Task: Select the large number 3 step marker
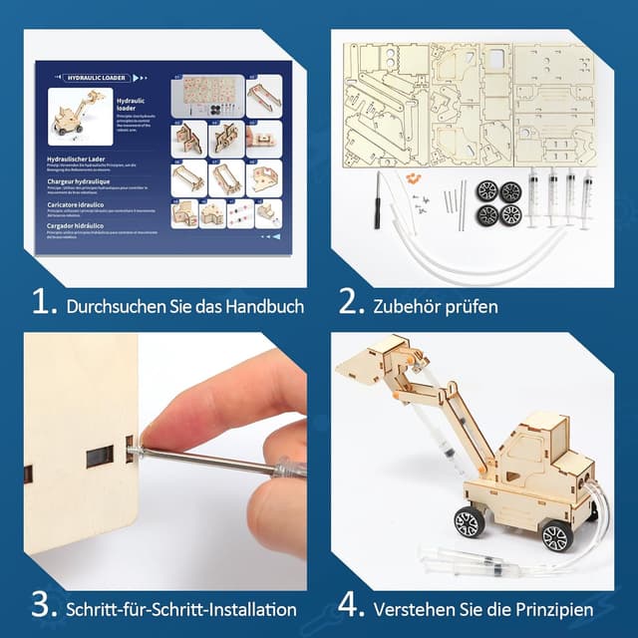pyautogui.click(x=44, y=605)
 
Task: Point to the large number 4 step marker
pyautogui.click(x=350, y=605)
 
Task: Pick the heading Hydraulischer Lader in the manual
pyautogui.click(x=81, y=158)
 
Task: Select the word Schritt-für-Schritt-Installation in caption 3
pyautogui.click(x=181, y=608)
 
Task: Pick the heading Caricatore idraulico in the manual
pyautogui.click(x=80, y=203)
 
